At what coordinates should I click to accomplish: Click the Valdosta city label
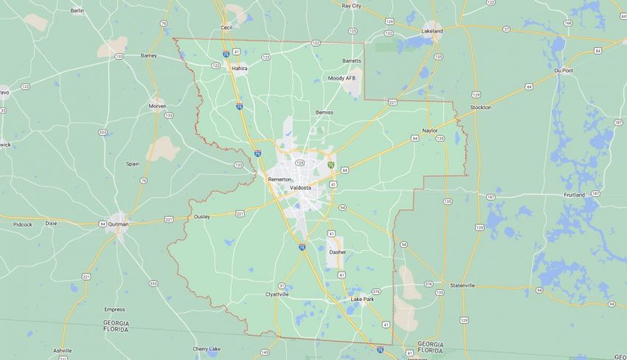300,188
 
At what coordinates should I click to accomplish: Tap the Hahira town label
240,68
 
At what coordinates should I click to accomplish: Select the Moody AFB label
342,77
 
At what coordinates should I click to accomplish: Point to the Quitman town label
118,224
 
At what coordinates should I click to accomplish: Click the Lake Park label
362,299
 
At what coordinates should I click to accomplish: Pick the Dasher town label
338,252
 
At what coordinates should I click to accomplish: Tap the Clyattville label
277,294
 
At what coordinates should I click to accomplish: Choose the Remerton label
280,179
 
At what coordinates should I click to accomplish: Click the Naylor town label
430,130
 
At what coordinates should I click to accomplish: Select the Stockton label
479,107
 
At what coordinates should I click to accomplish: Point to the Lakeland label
432,32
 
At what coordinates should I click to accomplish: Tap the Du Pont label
564,70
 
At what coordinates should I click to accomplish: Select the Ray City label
352,5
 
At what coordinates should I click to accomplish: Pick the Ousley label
201,217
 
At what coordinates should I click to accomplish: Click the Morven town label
157,105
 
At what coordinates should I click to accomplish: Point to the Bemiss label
325,112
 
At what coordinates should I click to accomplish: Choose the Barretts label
352,60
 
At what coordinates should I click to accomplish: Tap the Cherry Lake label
207,348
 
